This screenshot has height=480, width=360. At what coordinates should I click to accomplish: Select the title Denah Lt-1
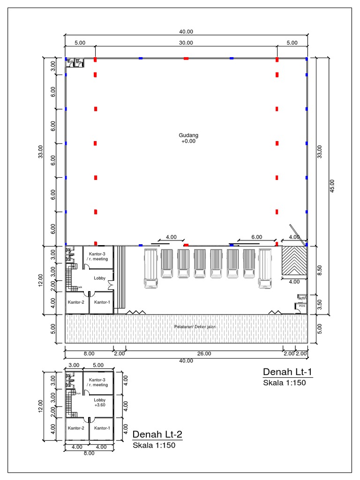287,372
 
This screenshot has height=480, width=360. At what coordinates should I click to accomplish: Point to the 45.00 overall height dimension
332,186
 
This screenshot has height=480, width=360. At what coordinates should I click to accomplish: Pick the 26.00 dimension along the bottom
204,354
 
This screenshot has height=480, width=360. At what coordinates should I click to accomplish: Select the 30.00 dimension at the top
186,43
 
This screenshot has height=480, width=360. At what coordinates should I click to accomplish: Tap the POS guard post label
302,306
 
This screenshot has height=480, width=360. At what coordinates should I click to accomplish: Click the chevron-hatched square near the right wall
294,262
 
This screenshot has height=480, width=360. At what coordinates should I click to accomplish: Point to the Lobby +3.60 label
99,402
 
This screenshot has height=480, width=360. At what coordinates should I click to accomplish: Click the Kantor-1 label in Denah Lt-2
102,428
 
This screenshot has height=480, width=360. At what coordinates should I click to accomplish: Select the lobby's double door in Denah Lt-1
110,284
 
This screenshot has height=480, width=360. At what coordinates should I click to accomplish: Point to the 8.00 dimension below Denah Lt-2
88,453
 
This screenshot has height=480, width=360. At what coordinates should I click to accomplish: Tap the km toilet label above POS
301,297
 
